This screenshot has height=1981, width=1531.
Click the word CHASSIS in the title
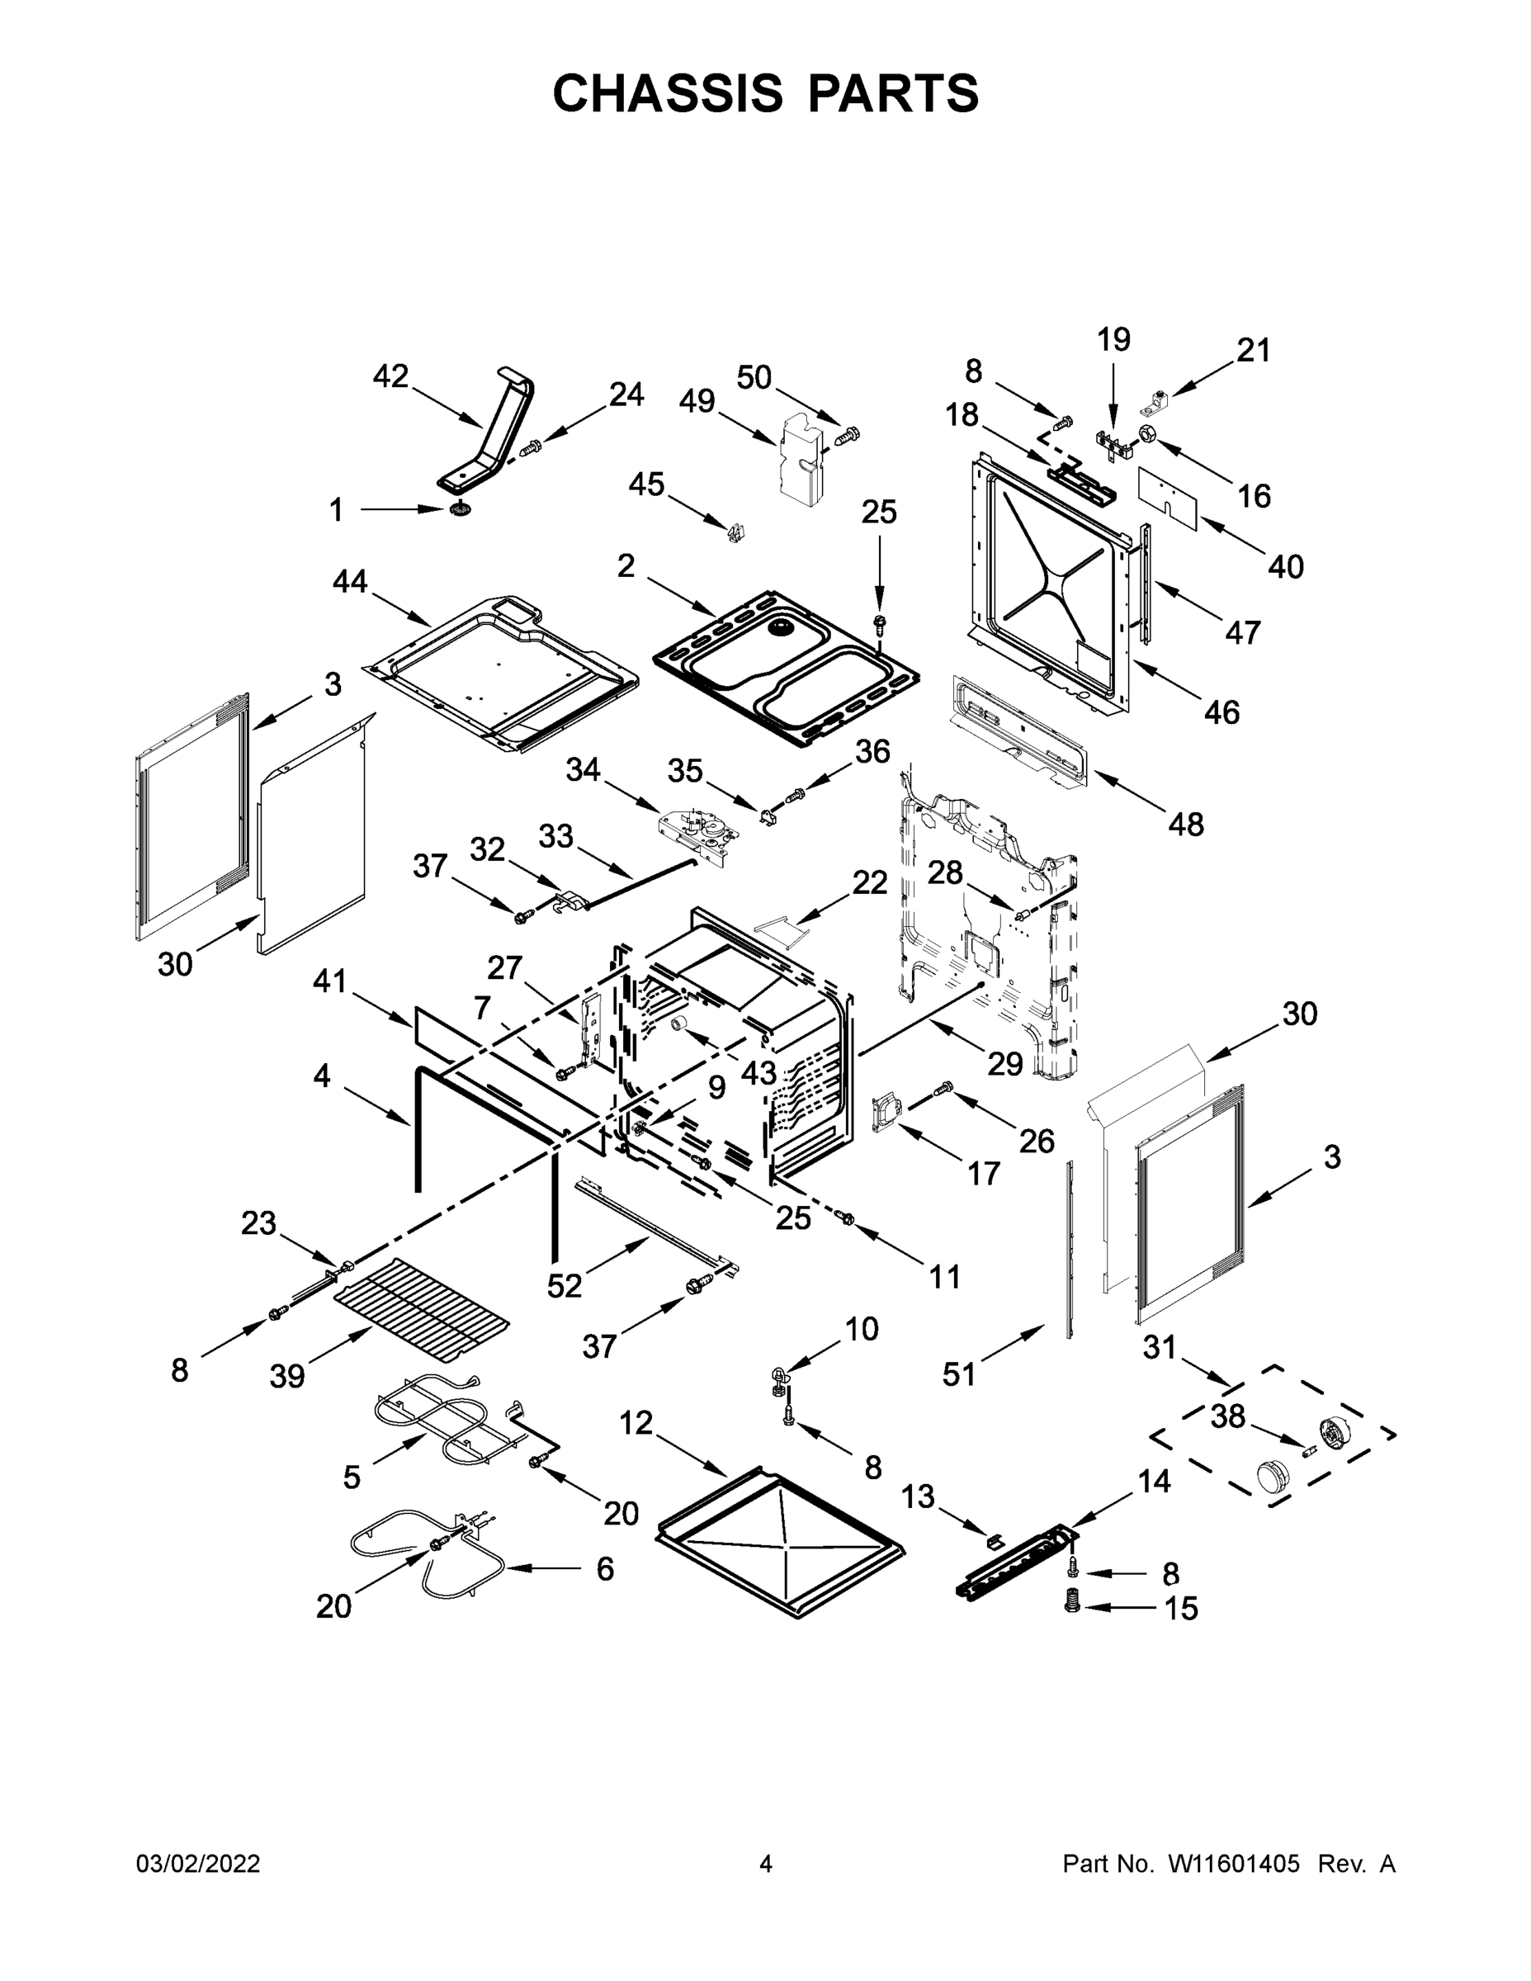[668, 93]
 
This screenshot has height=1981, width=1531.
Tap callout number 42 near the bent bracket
[391, 376]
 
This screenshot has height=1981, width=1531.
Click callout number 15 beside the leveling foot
[1181, 1608]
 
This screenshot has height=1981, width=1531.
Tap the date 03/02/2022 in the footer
[198, 1864]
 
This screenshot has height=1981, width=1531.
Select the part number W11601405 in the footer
[1234, 1864]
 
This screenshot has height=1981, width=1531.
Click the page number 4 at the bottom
[766, 1864]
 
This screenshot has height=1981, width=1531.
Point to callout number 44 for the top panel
[350, 581]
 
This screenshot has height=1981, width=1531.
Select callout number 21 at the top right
[1254, 350]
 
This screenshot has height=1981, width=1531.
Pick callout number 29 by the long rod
[1005, 1063]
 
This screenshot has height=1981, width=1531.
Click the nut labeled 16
[1146, 434]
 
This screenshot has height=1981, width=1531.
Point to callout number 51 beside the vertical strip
[959, 1374]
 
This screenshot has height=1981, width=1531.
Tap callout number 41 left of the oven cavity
[330, 981]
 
